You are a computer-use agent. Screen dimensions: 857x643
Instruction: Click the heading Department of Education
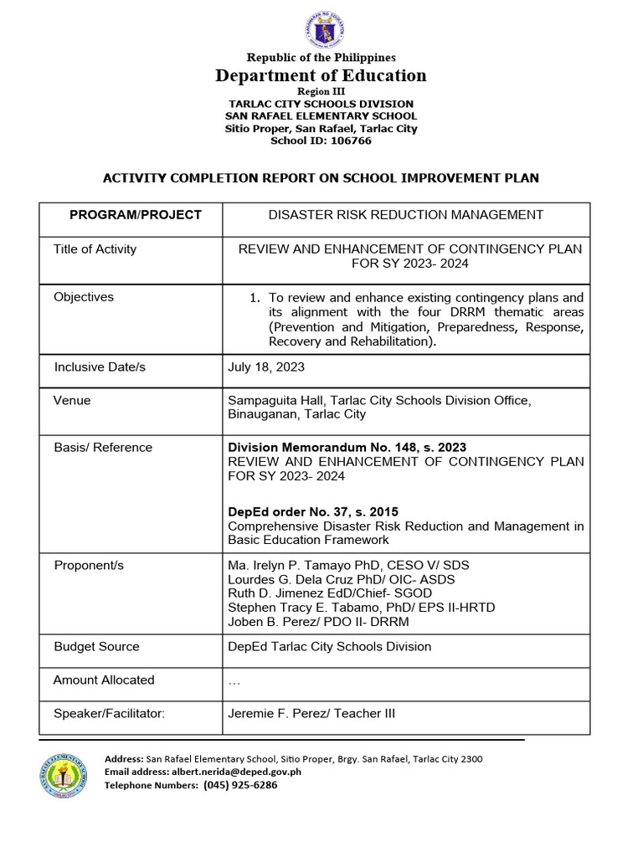pos(321,75)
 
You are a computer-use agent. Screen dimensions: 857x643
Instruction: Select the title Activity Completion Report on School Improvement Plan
pos(321,177)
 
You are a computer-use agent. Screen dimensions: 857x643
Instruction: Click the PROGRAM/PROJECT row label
pos(135,215)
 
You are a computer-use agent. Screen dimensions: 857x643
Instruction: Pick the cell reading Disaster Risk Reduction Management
pos(405,215)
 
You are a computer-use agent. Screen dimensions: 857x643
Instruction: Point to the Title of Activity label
pos(95,249)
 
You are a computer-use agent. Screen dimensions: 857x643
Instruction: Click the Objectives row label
pos(84,297)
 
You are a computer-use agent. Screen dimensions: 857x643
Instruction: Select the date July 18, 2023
pos(266,367)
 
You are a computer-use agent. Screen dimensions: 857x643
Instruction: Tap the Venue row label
pos(72,400)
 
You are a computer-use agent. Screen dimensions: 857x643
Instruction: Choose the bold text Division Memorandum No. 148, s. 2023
pos(347,447)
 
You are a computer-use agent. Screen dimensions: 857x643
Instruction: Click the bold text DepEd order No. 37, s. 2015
pos(313,511)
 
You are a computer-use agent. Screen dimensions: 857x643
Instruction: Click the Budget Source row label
pos(96,646)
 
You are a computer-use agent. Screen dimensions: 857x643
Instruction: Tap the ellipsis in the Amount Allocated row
pos(234,681)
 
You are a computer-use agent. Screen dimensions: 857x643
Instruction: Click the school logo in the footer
pos(64,775)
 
